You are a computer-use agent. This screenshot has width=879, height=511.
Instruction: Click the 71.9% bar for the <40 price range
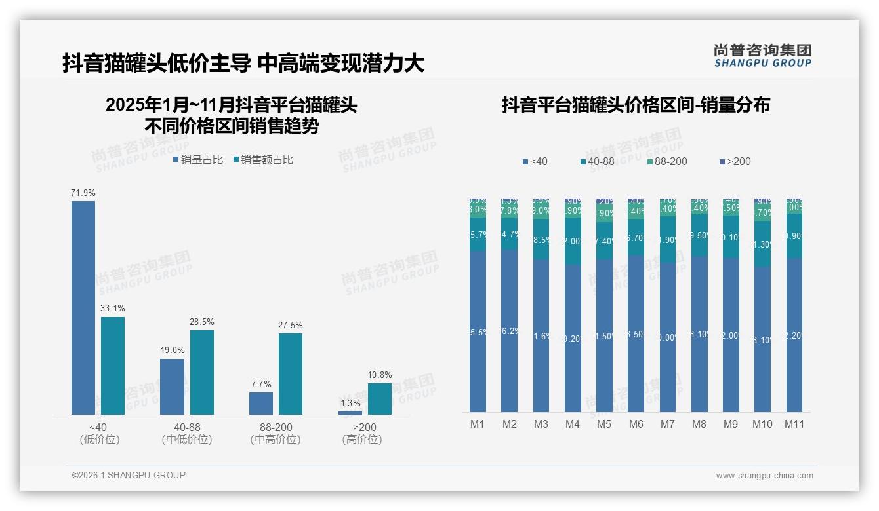tap(83, 307)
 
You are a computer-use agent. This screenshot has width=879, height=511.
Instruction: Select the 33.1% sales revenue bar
tap(113, 366)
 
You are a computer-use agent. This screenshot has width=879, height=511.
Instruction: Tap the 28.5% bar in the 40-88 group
tap(202, 372)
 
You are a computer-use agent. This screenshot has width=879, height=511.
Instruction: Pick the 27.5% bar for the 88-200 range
tap(291, 373)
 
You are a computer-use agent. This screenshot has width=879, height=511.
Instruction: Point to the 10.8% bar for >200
tap(380, 398)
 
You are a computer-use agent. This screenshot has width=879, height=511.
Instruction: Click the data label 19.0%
tap(172, 350)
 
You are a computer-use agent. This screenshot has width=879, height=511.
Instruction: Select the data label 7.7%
tap(260, 385)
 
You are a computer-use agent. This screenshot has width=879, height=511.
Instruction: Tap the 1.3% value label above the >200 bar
tap(350, 403)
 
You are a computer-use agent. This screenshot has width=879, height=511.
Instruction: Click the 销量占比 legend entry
tap(198, 160)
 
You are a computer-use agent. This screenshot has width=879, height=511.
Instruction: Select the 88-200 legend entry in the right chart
tap(666, 161)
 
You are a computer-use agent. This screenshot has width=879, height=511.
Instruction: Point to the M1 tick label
tap(478, 424)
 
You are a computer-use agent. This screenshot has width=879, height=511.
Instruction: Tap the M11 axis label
tap(794, 424)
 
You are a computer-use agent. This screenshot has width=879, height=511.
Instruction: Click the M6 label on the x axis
tap(636, 424)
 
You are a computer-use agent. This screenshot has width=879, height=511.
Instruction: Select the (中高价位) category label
tap(276, 440)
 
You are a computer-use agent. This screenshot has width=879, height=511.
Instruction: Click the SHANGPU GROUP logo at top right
tap(762, 55)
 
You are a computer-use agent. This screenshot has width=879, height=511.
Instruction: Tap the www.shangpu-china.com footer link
tap(764, 476)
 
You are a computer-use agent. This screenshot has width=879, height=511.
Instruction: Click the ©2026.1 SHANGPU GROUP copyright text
tap(129, 475)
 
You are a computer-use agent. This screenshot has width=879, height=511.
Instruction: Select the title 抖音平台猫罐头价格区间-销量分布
tap(636, 105)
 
